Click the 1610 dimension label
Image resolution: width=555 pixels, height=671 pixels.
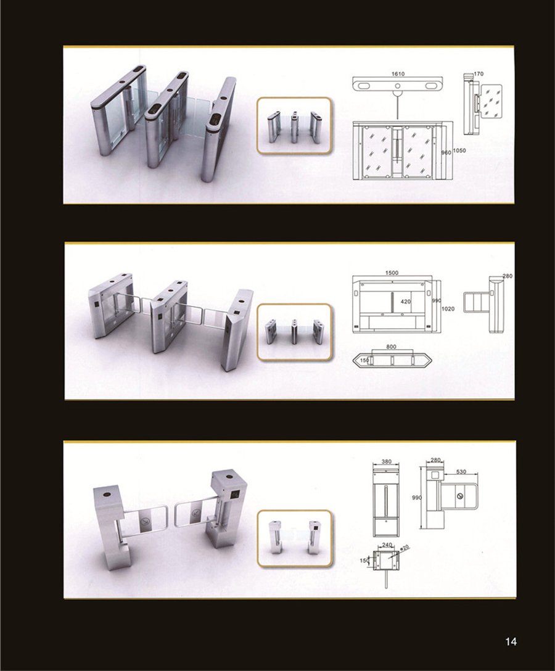coord(398,74)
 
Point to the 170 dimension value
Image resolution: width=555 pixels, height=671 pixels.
coord(479,74)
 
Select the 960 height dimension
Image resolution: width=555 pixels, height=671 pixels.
coord(446,152)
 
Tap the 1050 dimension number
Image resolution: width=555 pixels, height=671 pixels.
coord(459,150)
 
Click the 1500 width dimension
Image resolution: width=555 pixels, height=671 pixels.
coord(392,273)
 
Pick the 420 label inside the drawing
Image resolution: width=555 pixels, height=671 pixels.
coord(405,302)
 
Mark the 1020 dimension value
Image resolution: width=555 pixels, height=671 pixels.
coord(448,309)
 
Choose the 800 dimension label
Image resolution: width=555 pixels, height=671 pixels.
coord(391,347)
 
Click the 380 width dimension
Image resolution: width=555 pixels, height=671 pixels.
coord(387,462)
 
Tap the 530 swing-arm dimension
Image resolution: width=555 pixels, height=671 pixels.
coord(461,472)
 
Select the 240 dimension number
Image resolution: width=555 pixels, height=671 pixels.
coord(387,545)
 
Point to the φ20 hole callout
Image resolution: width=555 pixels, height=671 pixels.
coord(405,547)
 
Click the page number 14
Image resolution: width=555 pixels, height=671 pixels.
coord(511,641)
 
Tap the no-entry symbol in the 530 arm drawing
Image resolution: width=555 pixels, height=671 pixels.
coord(460,496)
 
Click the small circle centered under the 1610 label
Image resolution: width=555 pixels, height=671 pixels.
coord(398,86)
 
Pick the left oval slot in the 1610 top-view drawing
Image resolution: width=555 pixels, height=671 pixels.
coord(364,86)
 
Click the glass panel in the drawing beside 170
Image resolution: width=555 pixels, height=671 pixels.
coord(491,101)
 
